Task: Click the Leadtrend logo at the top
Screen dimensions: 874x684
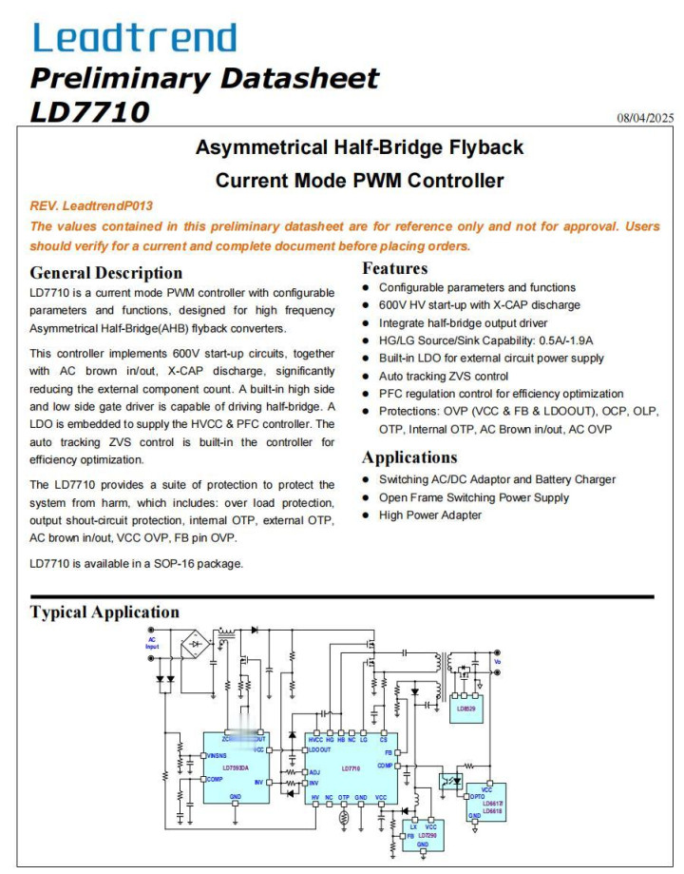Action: (x=134, y=37)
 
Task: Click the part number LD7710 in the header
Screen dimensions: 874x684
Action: (x=89, y=111)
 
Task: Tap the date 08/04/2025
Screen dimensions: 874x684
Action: (x=644, y=118)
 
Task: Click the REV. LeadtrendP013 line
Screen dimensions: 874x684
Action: (x=91, y=205)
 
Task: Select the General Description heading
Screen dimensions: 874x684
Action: (x=105, y=273)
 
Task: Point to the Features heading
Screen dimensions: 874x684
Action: (x=394, y=268)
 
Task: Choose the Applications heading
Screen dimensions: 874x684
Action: (x=409, y=457)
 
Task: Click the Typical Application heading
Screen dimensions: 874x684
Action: (x=104, y=612)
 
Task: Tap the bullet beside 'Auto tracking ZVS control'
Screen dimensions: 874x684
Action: (x=367, y=376)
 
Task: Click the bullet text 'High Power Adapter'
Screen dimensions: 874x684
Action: (x=430, y=515)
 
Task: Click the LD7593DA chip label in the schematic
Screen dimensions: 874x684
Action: (x=235, y=767)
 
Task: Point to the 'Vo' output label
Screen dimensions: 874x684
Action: (x=496, y=661)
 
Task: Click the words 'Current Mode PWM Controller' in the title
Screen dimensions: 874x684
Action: (x=359, y=180)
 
